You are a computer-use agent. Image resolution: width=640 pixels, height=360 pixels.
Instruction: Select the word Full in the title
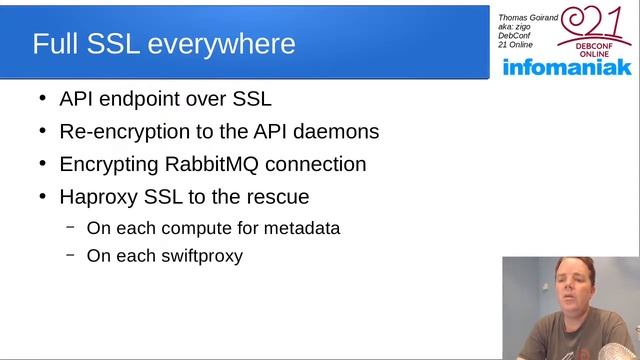[x=54, y=44]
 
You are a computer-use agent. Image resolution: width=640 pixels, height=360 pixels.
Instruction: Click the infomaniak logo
[x=567, y=67]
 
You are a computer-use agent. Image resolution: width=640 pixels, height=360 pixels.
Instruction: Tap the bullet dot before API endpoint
[x=41, y=99]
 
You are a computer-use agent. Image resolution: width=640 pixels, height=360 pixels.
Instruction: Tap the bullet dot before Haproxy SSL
[x=41, y=196]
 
